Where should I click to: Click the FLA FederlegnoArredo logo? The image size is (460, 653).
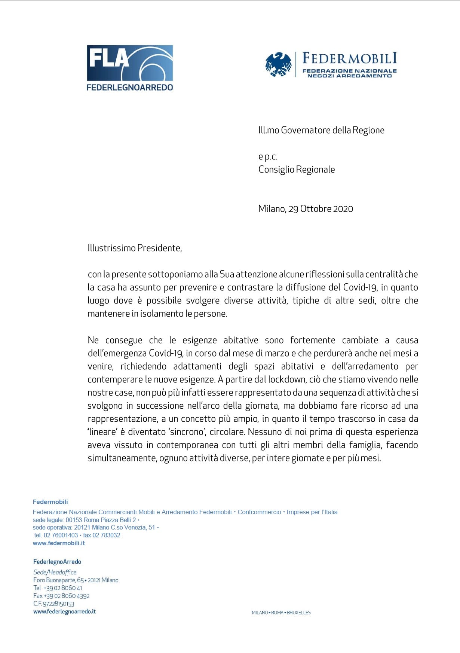[x=130, y=68]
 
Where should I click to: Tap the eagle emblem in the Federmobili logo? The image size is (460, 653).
[x=278, y=64]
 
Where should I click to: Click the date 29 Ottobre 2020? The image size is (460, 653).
[x=321, y=209]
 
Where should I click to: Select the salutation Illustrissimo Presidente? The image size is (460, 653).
[x=135, y=248]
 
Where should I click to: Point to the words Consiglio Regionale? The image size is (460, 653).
[x=297, y=170]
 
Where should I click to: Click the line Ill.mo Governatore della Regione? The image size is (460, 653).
[x=321, y=130]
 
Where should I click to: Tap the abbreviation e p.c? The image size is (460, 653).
[x=268, y=156]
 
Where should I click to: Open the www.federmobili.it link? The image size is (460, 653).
[x=59, y=543]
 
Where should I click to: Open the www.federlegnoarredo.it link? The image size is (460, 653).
[x=64, y=611]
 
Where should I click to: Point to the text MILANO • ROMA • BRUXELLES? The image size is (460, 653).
[x=281, y=613]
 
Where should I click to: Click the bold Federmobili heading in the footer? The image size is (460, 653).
[x=50, y=502]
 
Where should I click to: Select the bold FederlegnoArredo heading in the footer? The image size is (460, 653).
[x=57, y=562]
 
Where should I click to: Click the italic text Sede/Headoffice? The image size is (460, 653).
[x=55, y=572]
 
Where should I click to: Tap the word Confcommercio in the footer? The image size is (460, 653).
[x=259, y=512]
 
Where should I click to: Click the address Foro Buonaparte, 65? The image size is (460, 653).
[x=58, y=580]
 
